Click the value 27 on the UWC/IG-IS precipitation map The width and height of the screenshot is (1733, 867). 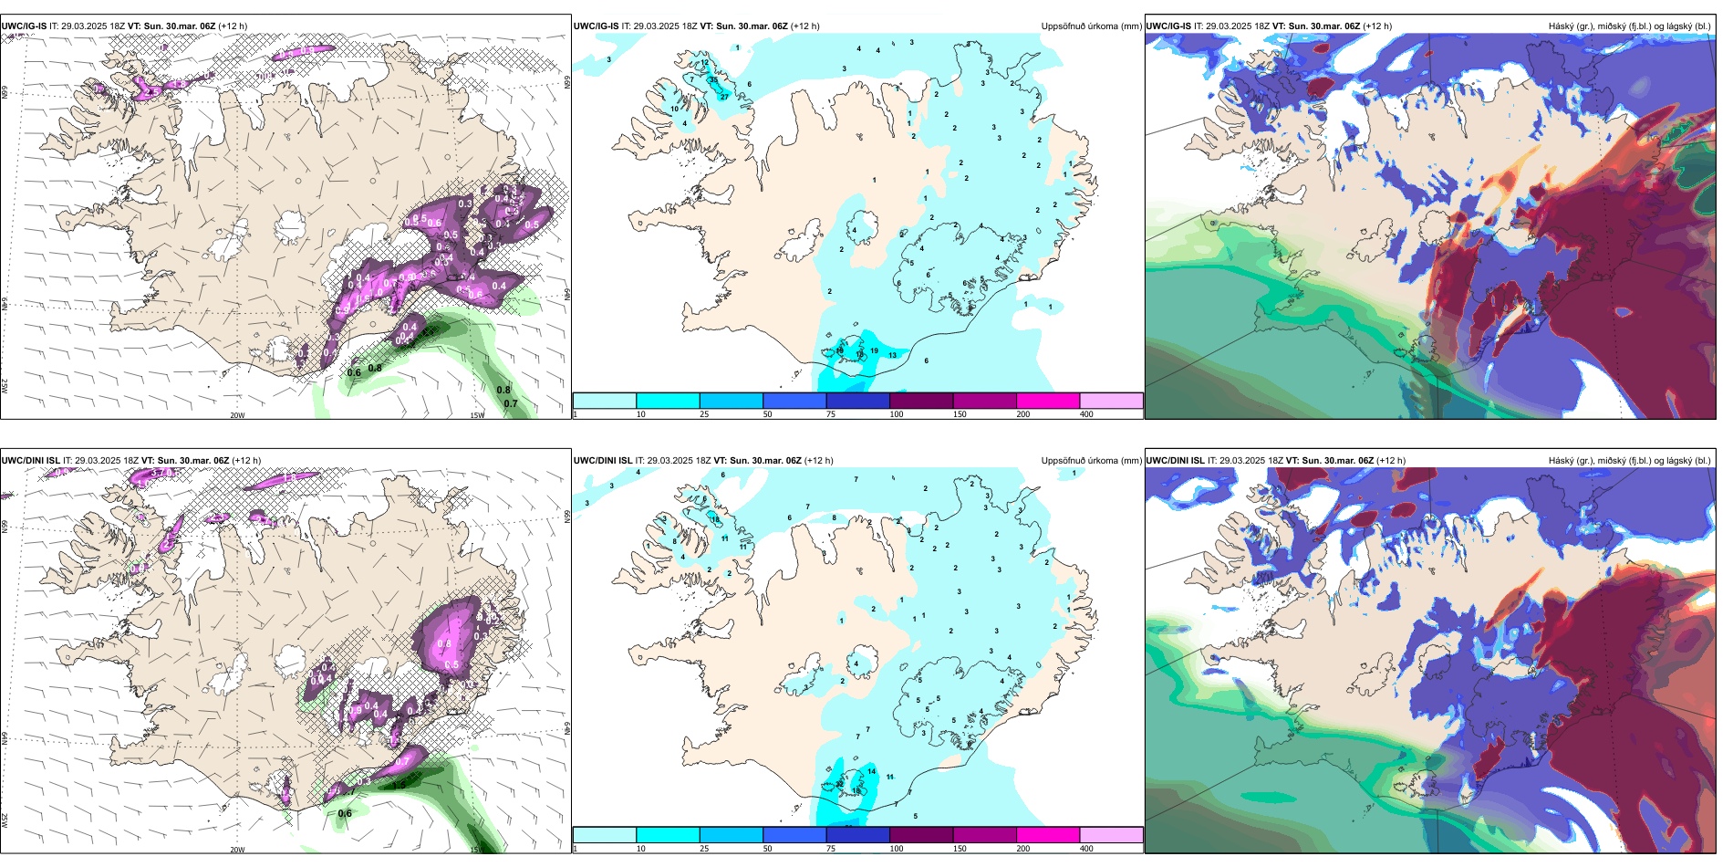[x=724, y=96]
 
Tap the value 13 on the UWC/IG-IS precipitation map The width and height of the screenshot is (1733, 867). [x=892, y=355]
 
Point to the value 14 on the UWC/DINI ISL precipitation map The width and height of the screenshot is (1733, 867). [x=871, y=771]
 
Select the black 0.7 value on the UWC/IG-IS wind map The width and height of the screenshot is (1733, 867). [x=511, y=403]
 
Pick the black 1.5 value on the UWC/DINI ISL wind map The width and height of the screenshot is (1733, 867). [x=399, y=784]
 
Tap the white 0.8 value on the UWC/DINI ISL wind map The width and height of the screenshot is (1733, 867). [x=444, y=643]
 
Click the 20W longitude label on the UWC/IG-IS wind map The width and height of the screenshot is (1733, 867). [x=237, y=415]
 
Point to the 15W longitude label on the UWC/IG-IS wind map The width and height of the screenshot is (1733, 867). [x=476, y=415]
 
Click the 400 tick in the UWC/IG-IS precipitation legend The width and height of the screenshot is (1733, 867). [x=1086, y=414]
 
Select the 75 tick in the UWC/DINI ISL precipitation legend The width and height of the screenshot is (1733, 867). [x=831, y=849]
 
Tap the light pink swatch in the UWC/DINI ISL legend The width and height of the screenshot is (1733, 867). [x=1111, y=835]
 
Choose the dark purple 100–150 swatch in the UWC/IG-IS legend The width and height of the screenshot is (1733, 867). [x=921, y=401]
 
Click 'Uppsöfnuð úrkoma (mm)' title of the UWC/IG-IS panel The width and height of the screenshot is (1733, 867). [x=1091, y=26]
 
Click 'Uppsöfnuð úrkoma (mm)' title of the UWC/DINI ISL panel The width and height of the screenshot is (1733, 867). [x=1091, y=461]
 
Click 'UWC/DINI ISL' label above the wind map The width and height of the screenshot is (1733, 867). [x=30, y=461]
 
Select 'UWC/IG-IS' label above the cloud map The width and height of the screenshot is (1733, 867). [x=1168, y=26]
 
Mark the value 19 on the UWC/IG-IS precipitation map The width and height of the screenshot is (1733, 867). [x=874, y=351]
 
